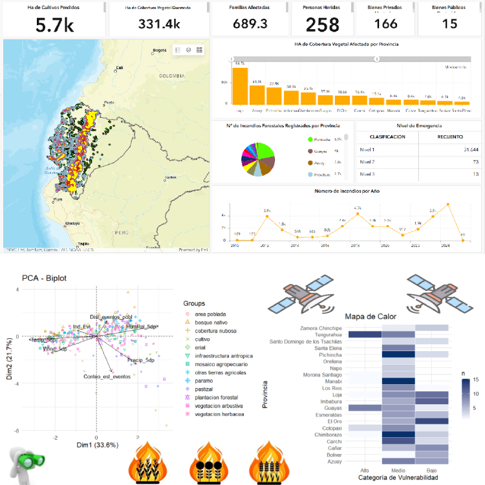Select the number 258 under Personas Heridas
pos(322,25)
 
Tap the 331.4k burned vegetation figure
pos(158,24)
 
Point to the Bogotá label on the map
pos(159,50)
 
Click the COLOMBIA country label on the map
pos(173,76)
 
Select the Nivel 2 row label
pos(367,162)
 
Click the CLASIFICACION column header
pos(387,137)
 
